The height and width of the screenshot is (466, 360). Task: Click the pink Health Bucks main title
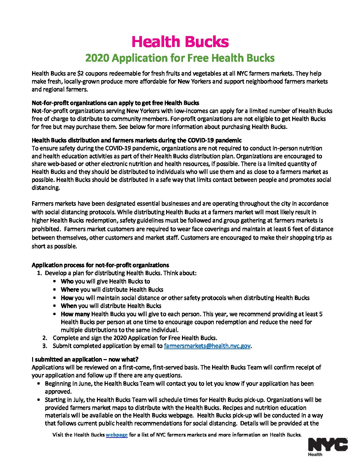180,42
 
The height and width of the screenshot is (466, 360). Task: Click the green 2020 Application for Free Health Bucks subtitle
180,58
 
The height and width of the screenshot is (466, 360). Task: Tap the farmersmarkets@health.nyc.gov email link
207,346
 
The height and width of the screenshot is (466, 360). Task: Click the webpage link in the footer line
116,435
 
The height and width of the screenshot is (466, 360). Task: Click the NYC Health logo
328,446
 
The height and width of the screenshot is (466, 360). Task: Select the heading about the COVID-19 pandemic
137,140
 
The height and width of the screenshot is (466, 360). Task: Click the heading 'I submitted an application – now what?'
85,359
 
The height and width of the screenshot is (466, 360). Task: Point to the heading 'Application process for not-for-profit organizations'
100,265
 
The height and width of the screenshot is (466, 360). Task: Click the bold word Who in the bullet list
67,281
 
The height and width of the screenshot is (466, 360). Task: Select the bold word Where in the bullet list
70,290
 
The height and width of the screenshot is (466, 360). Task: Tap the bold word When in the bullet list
69,306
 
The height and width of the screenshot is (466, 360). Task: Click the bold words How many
75,314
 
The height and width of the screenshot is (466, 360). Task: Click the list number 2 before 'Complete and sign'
45,338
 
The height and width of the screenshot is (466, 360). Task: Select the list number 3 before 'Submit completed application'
45,346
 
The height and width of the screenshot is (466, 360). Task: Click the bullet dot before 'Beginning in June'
39,384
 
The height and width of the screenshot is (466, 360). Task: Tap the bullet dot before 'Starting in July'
39,400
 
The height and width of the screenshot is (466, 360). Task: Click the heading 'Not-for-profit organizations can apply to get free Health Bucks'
115,103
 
